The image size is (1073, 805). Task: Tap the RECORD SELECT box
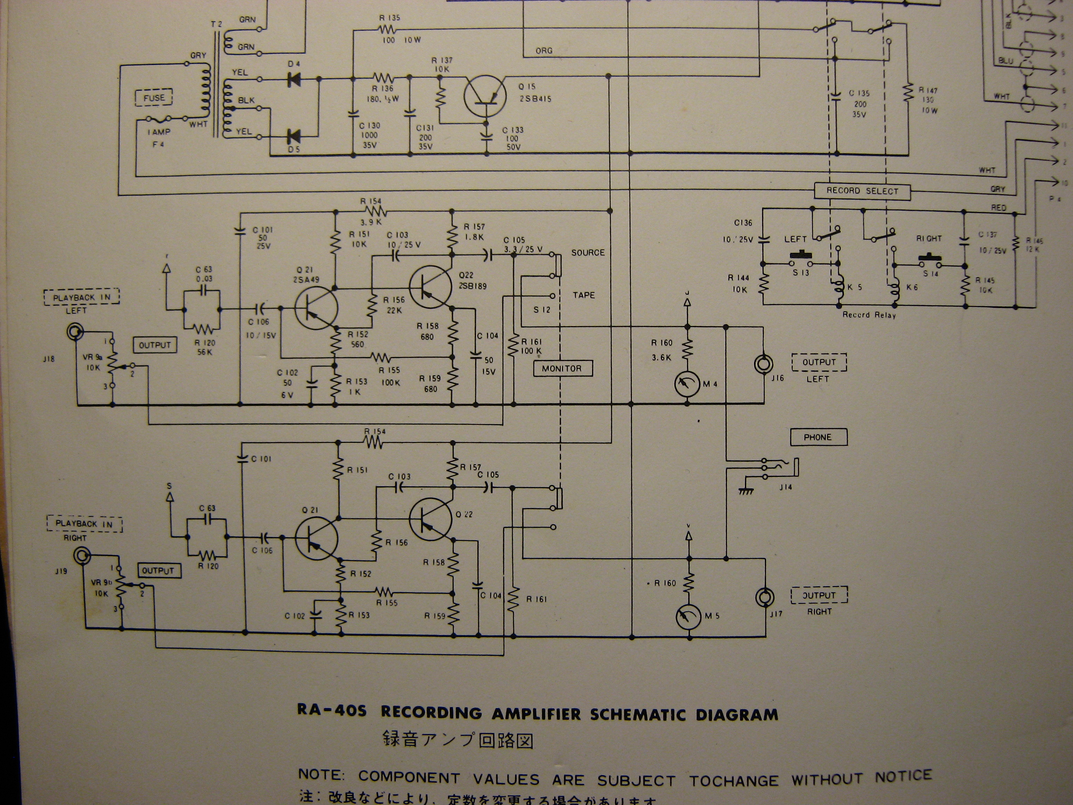862,191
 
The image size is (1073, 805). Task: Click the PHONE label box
818,437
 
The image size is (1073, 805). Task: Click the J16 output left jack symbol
764,364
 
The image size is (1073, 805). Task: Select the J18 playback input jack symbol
76,332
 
